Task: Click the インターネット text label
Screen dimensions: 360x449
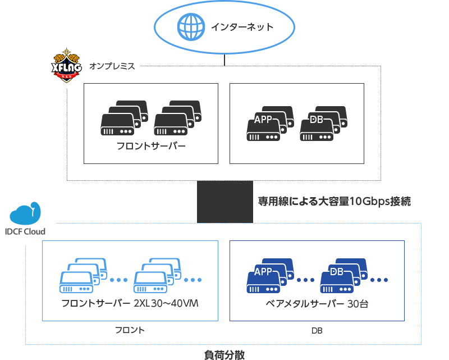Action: tap(242, 26)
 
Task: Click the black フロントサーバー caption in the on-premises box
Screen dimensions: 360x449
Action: tap(151, 147)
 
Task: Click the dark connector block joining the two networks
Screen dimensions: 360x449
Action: tap(224, 202)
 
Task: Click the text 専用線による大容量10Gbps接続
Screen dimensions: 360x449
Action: tap(335, 201)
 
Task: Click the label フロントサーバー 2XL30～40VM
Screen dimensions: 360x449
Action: tap(130, 304)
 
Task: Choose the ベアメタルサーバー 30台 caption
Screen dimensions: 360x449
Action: tap(317, 304)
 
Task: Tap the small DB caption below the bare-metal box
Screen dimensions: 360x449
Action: tap(317, 331)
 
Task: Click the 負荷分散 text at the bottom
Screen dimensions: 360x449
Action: tap(224, 354)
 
